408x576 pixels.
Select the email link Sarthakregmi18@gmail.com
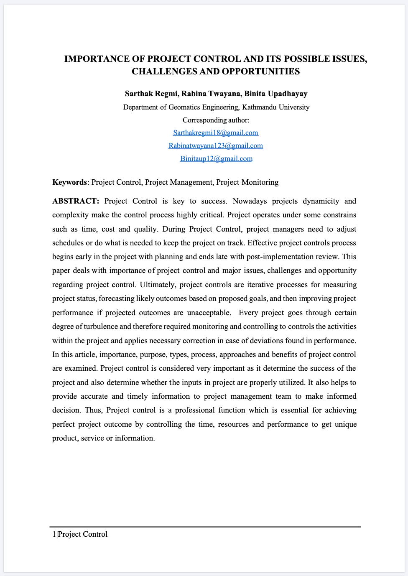216,133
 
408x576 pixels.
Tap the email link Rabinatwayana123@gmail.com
216,146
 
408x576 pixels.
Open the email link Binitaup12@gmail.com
216,159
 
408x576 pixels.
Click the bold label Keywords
69,182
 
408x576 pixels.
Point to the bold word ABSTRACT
75,201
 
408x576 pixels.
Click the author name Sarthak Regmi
151,94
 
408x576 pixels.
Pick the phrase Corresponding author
215,120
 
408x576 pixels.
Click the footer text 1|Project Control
80,534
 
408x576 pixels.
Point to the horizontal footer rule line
205,527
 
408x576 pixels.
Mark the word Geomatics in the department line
186,107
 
